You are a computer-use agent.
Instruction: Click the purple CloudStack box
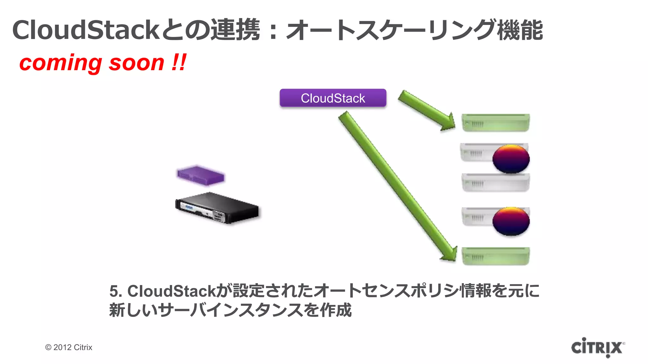tap(333, 98)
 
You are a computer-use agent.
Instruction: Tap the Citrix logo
tap(597, 347)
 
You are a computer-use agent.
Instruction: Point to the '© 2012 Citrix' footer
tap(69, 347)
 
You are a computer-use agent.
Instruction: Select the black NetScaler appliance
tap(217, 208)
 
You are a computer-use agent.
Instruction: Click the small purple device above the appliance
tap(201, 175)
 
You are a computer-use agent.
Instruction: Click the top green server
tap(495, 123)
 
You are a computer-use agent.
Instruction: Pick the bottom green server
tap(495, 256)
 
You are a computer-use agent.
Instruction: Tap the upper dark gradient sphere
tap(511, 159)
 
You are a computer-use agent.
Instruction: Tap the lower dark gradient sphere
tap(511, 221)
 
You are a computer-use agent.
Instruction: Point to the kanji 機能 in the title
tap(520, 30)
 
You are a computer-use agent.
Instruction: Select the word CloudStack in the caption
tap(171, 291)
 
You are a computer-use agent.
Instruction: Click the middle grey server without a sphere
tap(495, 183)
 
